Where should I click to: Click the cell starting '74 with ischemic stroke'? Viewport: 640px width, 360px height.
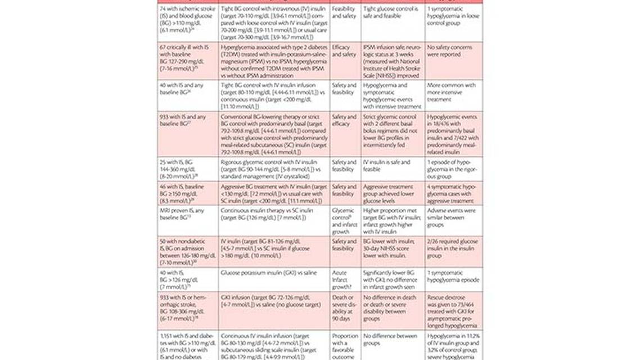[187, 23]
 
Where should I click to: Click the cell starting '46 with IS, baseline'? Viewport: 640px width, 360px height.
[187, 193]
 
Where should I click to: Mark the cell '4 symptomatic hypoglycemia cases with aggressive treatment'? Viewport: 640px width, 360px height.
[454, 193]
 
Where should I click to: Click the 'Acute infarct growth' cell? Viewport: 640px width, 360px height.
[345, 280]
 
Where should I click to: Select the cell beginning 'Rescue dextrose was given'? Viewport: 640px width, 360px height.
[454, 311]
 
